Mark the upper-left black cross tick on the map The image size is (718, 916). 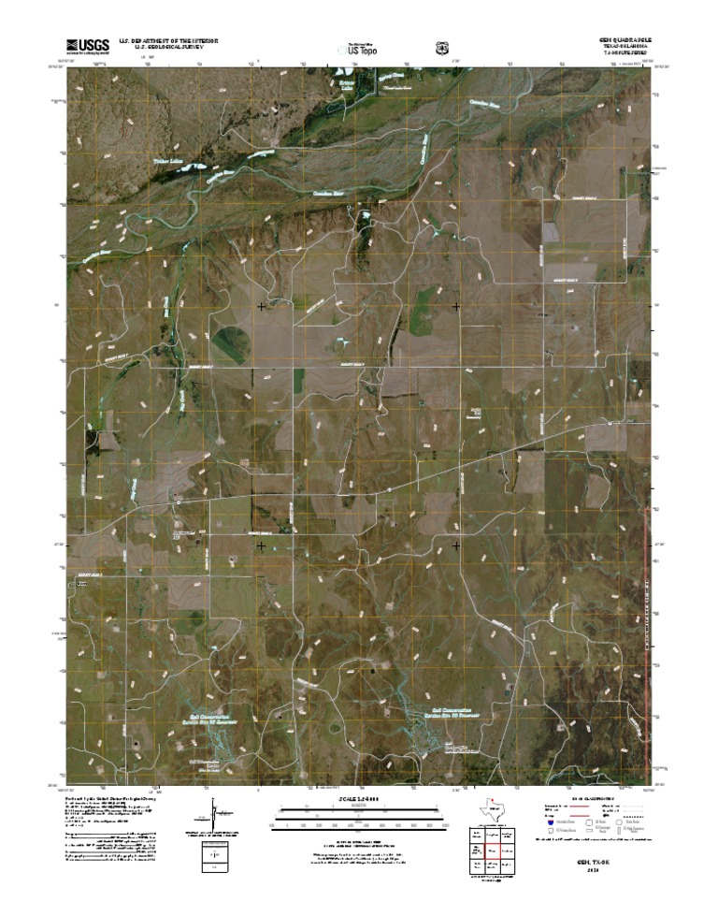pos(261,306)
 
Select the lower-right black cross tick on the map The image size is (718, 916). pos(456,545)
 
